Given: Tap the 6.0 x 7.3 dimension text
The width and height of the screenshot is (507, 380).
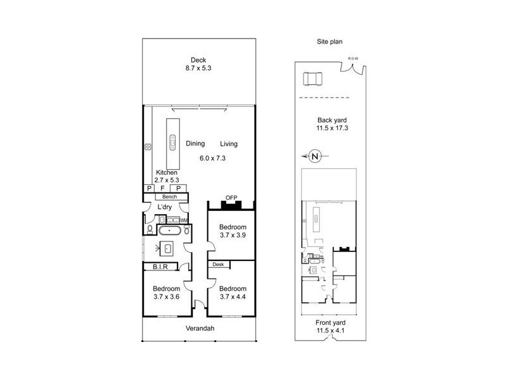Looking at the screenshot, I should click(213, 157).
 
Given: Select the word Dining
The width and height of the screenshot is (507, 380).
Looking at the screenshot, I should click(195, 144).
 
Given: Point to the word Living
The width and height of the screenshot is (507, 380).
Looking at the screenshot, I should click(229, 144).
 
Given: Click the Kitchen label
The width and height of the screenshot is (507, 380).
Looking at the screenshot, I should click(167, 172).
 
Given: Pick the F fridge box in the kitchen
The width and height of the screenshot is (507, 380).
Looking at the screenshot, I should click(164, 188).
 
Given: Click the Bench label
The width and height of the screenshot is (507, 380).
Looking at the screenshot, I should click(166, 197).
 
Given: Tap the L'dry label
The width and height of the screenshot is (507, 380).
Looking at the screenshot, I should click(166, 208).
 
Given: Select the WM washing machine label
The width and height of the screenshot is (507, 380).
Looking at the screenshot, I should click(184, 220).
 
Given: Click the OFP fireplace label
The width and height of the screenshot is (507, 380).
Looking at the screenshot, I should click(231, 197).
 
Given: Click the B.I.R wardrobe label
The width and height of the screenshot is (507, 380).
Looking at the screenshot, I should click(159, 267).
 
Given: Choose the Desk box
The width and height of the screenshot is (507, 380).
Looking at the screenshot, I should click(219, 264).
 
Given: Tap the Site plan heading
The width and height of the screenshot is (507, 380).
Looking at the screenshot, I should click(330, 42).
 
